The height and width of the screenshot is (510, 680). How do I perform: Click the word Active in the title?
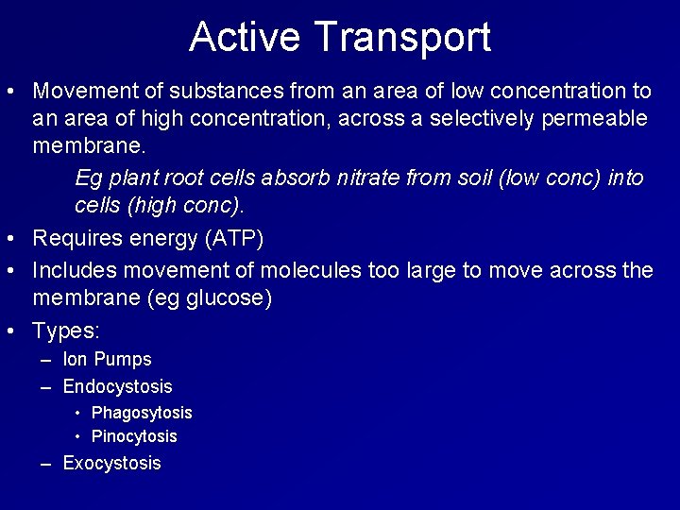pos(246,37)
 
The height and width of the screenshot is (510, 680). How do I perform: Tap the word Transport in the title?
pos(402,37)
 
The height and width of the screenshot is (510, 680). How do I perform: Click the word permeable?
pos(601,118)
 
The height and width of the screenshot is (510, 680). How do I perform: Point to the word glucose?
pos(230,298)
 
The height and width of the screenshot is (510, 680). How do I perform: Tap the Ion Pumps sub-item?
pos(107,359)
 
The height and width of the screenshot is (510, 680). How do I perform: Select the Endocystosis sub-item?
pos(117,386)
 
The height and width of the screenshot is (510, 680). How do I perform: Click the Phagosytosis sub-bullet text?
pos(142,413)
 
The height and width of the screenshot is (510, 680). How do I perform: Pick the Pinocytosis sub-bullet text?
pos(134,436)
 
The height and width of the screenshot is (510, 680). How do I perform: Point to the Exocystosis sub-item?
pos(111,464)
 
